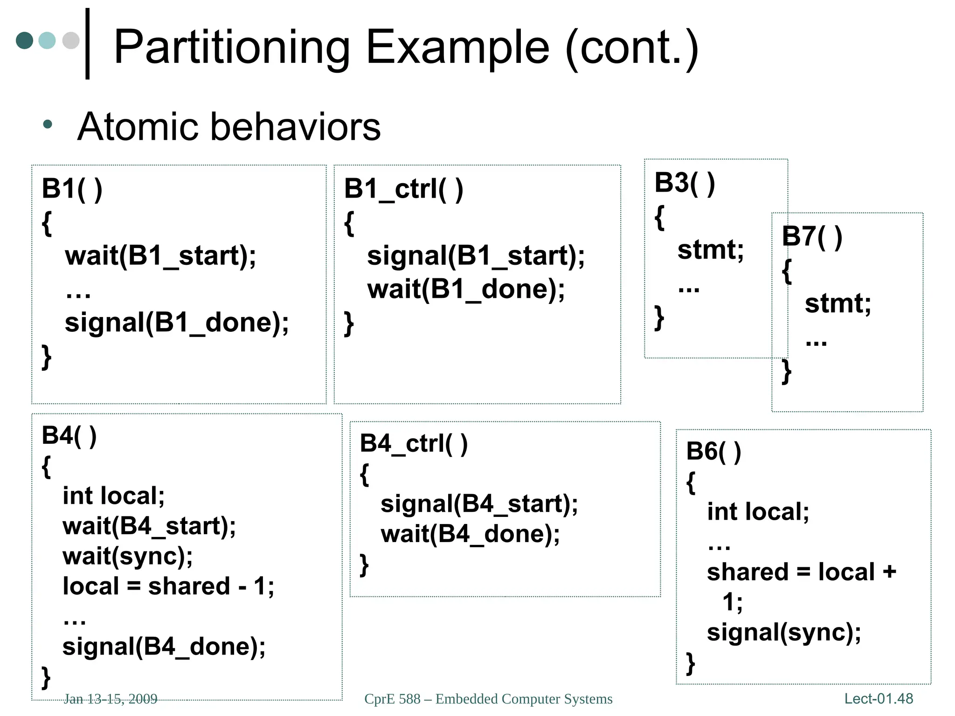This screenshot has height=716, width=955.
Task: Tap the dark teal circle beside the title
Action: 24,41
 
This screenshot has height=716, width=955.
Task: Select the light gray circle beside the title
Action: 71,41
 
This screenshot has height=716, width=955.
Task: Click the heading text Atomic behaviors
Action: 229,127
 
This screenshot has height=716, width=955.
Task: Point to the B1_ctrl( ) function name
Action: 403,189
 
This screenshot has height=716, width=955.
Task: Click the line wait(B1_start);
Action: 160,256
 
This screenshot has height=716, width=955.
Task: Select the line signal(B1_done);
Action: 177,323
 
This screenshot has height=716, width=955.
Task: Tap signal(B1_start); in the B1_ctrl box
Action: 476,256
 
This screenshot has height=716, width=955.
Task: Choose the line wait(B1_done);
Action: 466,289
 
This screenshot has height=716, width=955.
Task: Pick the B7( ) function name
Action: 812,236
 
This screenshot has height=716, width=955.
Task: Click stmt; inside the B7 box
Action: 837,303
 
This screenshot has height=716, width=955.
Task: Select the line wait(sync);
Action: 128,556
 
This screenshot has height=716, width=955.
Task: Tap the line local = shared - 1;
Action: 168,586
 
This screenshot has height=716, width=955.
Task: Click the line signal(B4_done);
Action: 164,647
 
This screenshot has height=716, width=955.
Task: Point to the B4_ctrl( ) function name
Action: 414,443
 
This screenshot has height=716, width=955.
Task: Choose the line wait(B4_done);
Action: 470,534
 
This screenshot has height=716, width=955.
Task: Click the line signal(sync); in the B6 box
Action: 784,633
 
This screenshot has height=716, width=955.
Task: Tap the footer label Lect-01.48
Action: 879,698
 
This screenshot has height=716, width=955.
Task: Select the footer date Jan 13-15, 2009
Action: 111,699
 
